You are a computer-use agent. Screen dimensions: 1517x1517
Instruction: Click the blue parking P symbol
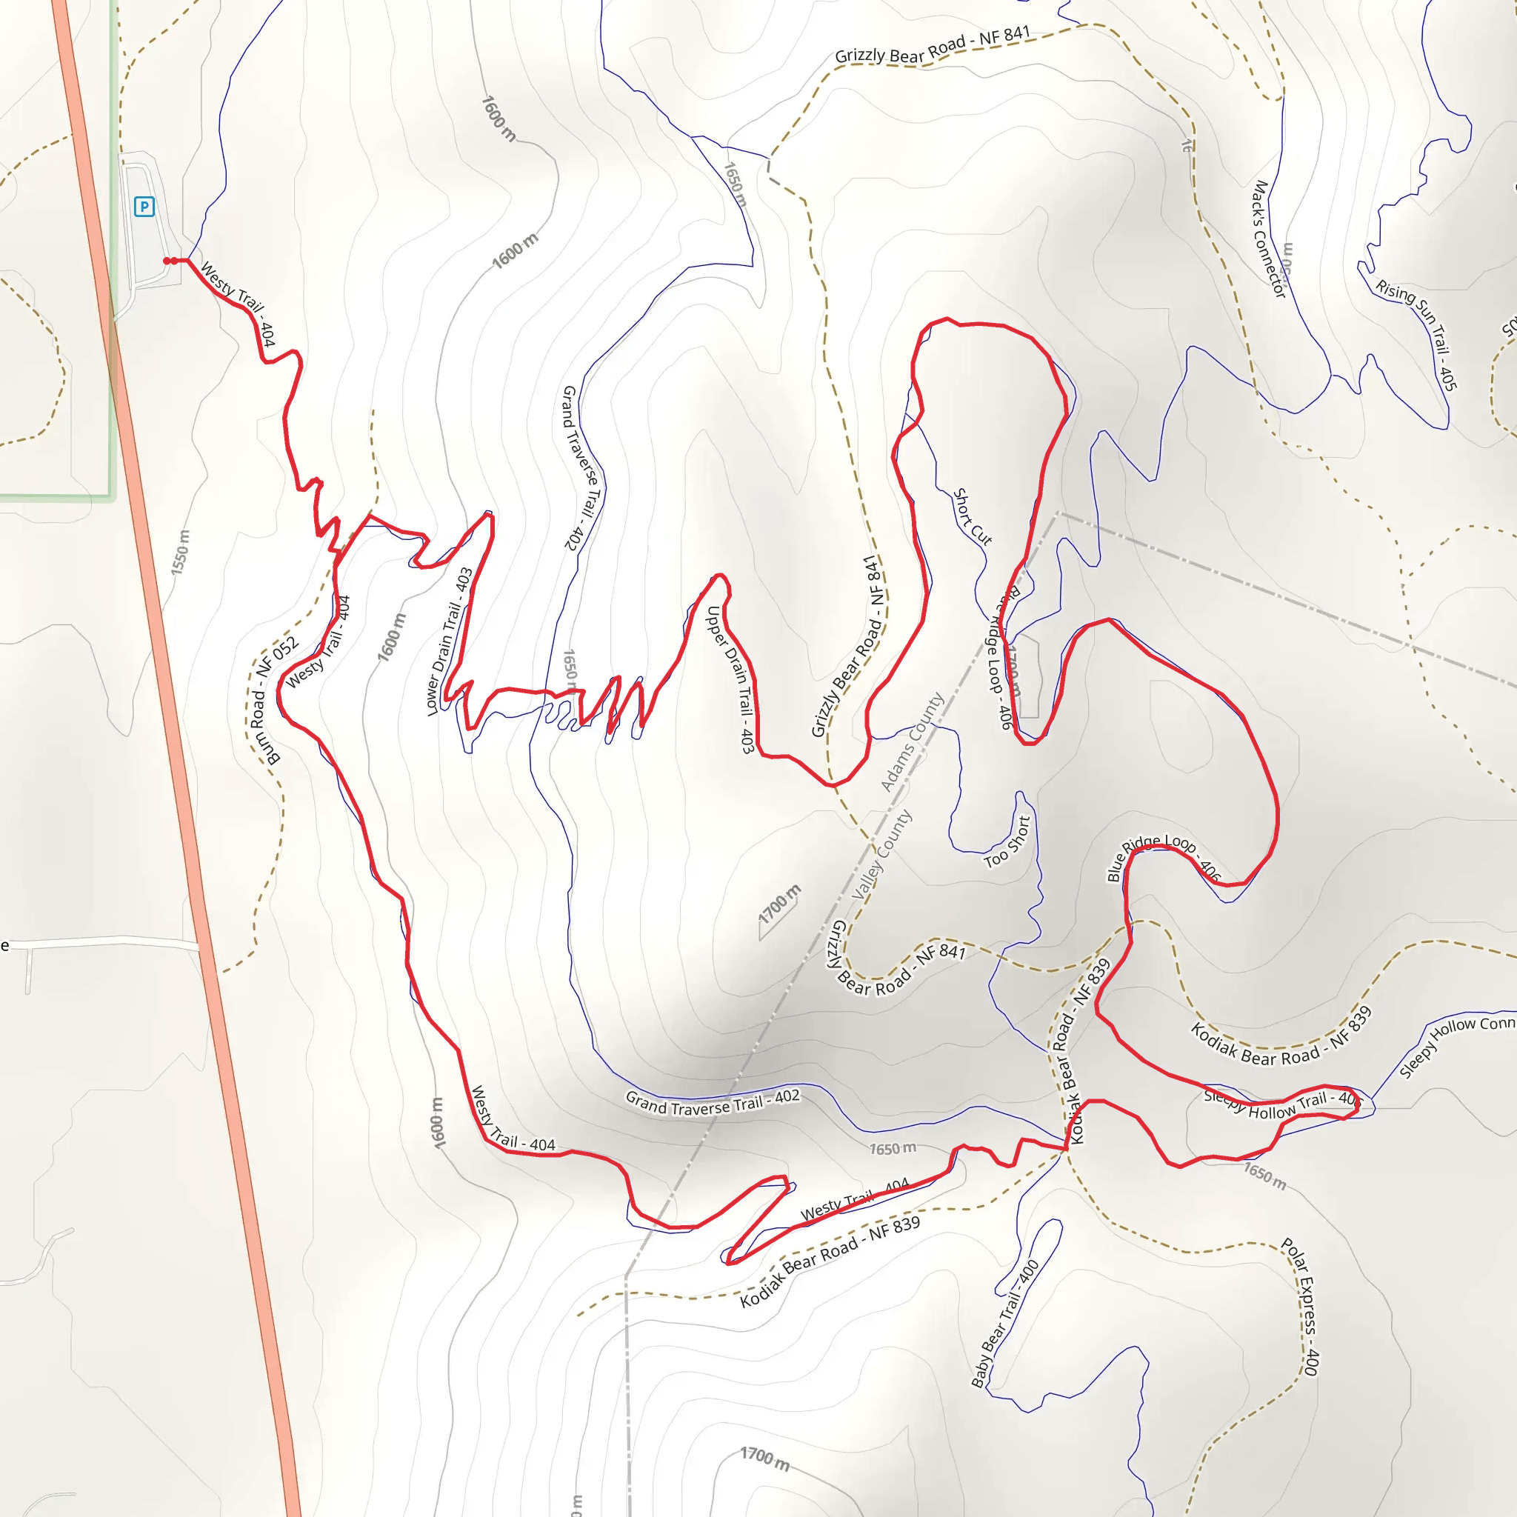(144, 207)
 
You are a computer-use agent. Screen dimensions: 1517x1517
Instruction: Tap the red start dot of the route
(167, 261)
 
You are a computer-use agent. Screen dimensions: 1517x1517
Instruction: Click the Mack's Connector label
(1268, 239)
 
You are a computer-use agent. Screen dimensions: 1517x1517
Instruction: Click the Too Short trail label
(1007, 842)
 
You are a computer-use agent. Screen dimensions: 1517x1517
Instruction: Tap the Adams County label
(912, 742)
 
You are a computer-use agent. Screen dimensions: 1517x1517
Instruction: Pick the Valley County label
(881, 854)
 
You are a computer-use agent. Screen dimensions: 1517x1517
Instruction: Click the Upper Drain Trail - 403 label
(731, 680)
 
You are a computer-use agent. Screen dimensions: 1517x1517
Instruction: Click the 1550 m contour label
(181, 552)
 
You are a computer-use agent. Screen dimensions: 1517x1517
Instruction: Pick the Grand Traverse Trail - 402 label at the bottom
(712, 1102)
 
